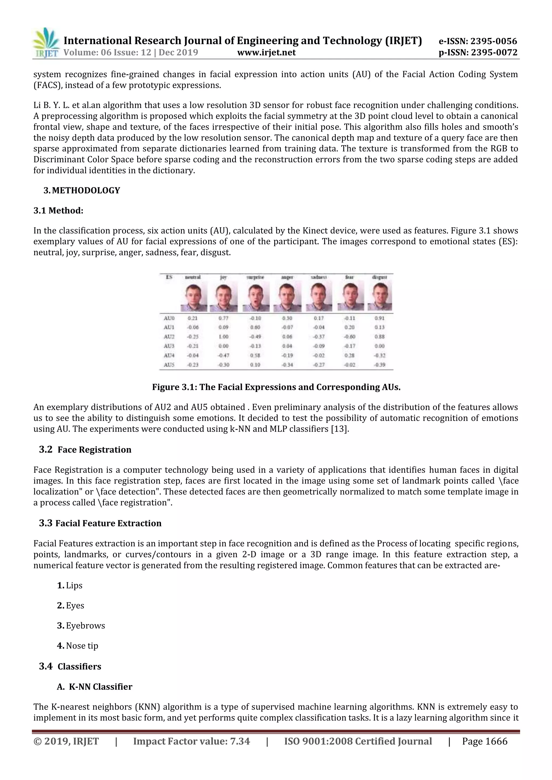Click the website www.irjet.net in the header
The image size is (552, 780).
point(266,52)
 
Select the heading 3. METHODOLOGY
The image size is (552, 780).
point(82,191)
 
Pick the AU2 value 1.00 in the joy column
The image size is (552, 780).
point(223,337)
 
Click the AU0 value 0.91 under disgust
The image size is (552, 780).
point(379,318)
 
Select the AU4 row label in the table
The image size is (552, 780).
point(169,355)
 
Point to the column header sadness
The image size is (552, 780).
point(318,277)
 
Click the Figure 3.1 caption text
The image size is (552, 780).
point(276,387)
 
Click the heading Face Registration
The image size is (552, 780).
point(94,450)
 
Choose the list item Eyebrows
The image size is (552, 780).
point(85,626)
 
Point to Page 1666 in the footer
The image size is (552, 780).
point(484,741)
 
